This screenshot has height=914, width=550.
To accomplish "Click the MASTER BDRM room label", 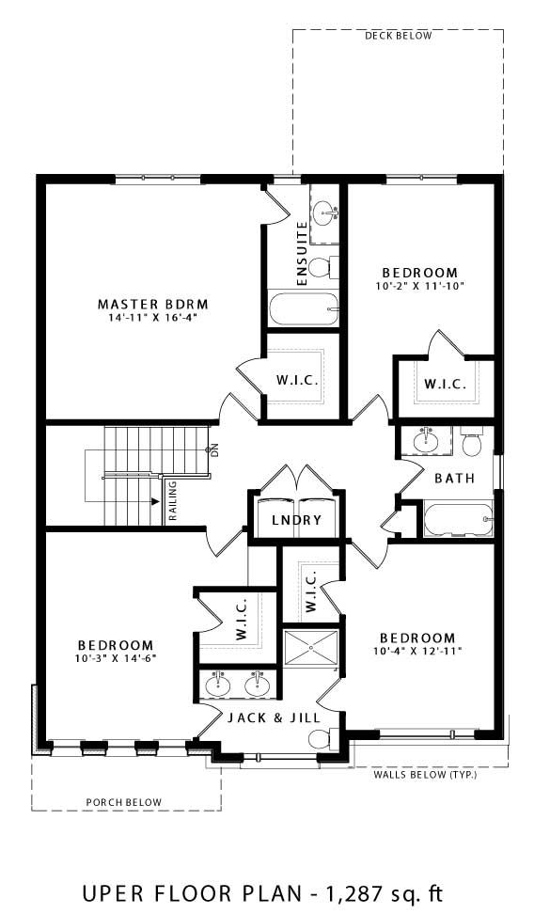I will [x=151, y=304].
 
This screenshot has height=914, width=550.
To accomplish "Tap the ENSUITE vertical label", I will [x=302, y=254].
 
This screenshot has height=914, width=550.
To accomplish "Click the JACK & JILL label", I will [x=275, y=717].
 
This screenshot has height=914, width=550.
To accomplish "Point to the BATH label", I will [x=453, y=479].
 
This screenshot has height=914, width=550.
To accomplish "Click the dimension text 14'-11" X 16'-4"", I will [x=151, y=318].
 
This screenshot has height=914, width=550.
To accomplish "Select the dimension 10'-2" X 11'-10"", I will [x=420, y=285].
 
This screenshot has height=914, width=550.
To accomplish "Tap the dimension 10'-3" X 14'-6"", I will [x=115, y=658].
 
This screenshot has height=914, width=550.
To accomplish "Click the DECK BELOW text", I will [x=398, y=37].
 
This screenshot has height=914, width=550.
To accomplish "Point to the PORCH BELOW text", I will [x=123, y=802].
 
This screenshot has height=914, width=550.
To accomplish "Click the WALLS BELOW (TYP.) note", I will [x=425, y=776].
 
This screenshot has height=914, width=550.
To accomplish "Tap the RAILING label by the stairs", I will [x=173, y=499].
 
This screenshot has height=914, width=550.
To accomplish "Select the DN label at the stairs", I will [x=214, y=449].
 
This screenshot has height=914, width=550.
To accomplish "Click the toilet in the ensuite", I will [x=319, y=268].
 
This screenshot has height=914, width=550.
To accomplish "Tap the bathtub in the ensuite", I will [x=302, y=307].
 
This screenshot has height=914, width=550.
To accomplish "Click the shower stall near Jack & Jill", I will [x=309, y=648].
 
